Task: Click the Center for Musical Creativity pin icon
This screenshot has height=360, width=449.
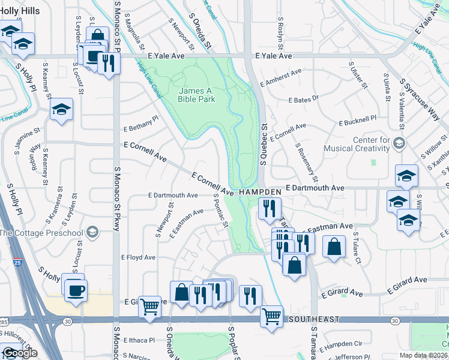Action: coord(401,142)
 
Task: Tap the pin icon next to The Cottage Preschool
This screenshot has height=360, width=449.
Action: coord(92,232)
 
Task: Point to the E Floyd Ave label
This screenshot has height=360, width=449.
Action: coord(138,257)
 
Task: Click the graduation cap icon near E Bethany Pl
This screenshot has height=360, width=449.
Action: coord(61,109)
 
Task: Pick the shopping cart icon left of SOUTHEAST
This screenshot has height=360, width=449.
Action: coord(149,306)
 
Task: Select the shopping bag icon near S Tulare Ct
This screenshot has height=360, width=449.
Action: coord(334,245)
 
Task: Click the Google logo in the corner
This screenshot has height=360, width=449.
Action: coord(19,353)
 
